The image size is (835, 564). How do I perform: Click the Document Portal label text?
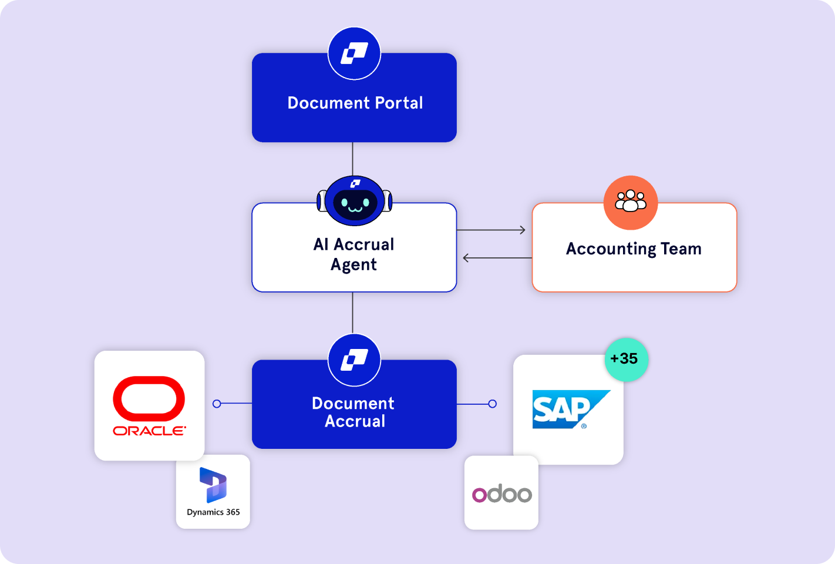355,103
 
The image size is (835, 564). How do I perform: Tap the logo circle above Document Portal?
354,53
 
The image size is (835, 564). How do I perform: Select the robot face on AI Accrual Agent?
355,202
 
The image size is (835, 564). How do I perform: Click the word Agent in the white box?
353,264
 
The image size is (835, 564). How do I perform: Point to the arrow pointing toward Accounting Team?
492,230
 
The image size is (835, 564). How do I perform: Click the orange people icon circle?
631,203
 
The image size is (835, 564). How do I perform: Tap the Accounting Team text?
634,249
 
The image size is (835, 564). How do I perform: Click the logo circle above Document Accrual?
354,360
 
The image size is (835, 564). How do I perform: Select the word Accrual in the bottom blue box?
355,421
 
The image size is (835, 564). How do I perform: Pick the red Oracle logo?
149,405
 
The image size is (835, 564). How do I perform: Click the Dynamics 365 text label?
213,512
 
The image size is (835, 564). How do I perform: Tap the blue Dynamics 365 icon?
213,485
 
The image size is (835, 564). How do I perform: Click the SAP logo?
570,409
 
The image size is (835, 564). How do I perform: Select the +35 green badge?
626,359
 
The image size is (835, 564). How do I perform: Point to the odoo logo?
501,494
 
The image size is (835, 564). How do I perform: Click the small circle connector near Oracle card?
217,404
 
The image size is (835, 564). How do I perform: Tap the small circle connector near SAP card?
493,404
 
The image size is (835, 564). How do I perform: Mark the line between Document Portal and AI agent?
352,159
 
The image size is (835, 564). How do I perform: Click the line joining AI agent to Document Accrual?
352,313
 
